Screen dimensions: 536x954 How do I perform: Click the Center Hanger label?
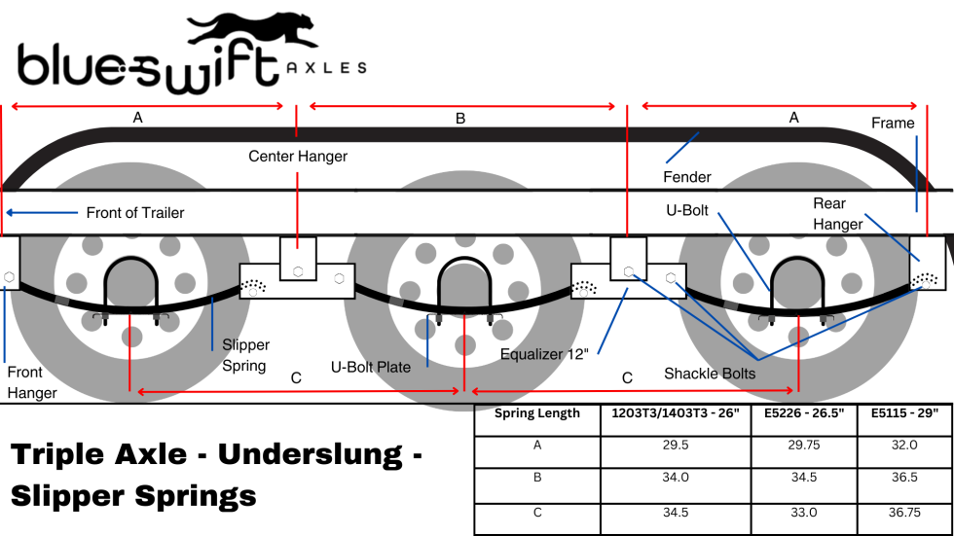point(297,156)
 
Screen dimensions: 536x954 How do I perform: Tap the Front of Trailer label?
point(134,213)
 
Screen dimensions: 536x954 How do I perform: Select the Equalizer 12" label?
point(545,353)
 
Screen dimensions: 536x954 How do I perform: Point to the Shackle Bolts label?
point(710,373)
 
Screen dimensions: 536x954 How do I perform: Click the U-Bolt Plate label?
point(370,367)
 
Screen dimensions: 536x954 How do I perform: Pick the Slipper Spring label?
point(245,355)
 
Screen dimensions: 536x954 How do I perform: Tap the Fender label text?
point(686,177)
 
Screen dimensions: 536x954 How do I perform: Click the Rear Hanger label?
point(837,214)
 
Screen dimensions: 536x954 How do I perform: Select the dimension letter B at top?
point(460,119)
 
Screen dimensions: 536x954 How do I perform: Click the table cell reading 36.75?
point(905,512)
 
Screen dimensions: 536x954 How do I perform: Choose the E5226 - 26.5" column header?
point(803,413)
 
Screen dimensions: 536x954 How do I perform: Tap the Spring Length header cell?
point(536,413)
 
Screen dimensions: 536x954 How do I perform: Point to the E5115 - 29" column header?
point(905,413)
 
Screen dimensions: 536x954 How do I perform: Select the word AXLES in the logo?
point(327,68)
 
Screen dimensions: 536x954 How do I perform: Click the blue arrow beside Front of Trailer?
point(41,212)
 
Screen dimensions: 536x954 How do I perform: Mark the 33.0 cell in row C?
point(803,512)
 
